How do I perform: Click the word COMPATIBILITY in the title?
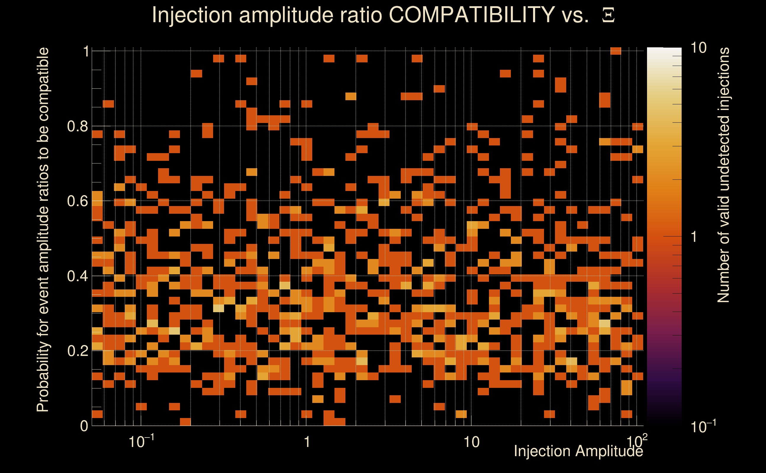(x=471, y=15)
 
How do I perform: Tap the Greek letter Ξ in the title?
(x=608, y=15)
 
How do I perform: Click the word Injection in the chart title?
(x=192, y=15)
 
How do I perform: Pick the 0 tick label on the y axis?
(x=84, y=426)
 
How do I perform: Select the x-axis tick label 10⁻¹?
(x=141, y=442)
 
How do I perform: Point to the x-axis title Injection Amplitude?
(x=578, y=451)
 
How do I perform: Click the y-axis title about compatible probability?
(x=43, y=230)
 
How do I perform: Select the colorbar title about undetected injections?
(x=723, y=175)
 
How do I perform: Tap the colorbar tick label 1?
(x=694, y=237)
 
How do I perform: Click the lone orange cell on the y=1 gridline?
(x=616, y=51)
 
